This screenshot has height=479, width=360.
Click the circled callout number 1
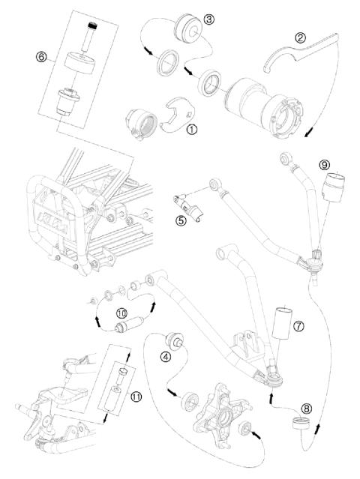(191, 128)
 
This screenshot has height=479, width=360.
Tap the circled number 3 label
(208, 18)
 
